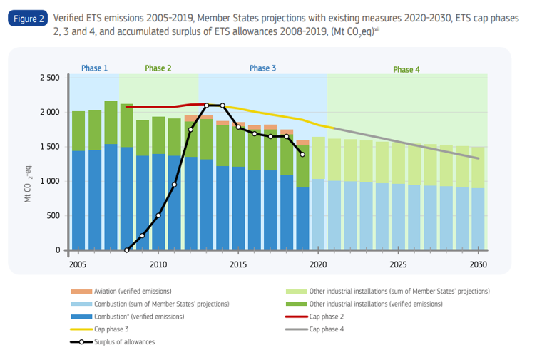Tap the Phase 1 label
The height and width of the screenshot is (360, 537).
tap(94, 68)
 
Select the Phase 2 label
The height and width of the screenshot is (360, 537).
tap(158, 68)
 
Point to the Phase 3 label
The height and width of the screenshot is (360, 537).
tap(262, 68)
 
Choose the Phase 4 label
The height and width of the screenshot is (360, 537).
tap(406, 70)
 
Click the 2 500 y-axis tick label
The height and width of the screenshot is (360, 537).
tap(48, 77)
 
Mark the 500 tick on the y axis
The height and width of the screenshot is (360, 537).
tap(52, 216)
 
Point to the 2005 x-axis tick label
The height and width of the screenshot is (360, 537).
tap(78, 264)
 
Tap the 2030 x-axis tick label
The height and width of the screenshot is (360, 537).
tap(478, 264)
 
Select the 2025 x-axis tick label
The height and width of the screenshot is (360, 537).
tap(398, 264)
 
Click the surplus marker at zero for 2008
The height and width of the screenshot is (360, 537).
tap(126, 250)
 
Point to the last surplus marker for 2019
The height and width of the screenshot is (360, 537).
tap(302, 155)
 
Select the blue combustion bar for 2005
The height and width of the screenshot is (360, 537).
tap(78, 200)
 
